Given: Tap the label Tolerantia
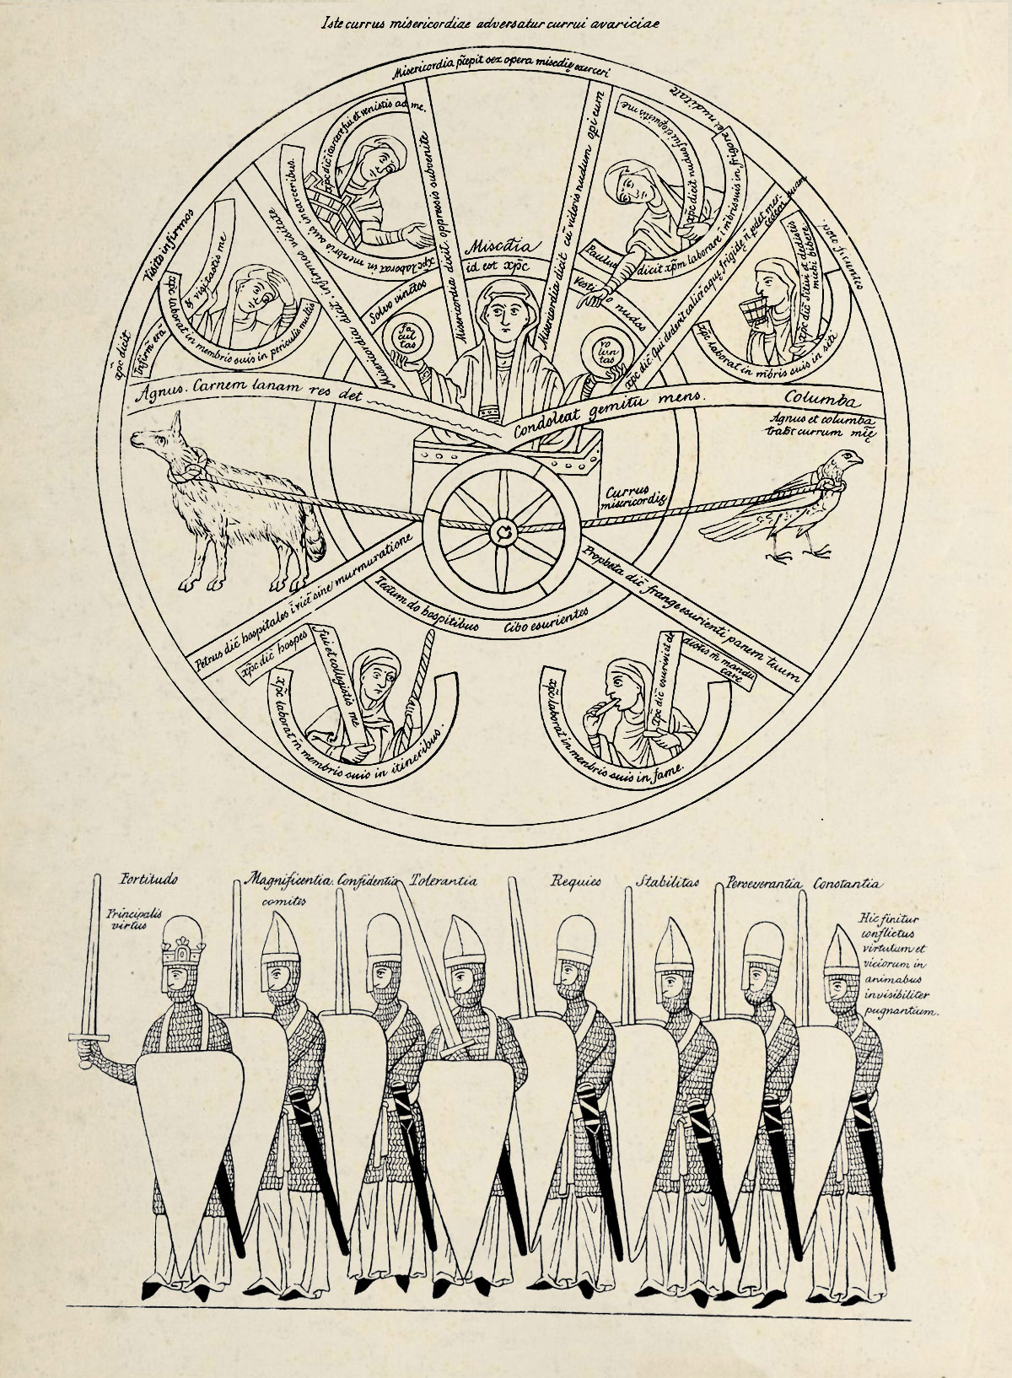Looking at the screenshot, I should tap(444, 881).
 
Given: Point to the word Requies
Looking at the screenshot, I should tap(576, 882).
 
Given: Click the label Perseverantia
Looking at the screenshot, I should tap(762, 884).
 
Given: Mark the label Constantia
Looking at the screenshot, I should tap(848, 884).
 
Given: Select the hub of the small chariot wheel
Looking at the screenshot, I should tap(504, 530).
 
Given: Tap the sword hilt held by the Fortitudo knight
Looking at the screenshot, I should tap(90, 1037).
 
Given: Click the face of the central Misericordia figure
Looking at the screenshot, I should tap(503, 315).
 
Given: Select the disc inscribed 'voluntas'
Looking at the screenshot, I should tap(606, 353).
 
